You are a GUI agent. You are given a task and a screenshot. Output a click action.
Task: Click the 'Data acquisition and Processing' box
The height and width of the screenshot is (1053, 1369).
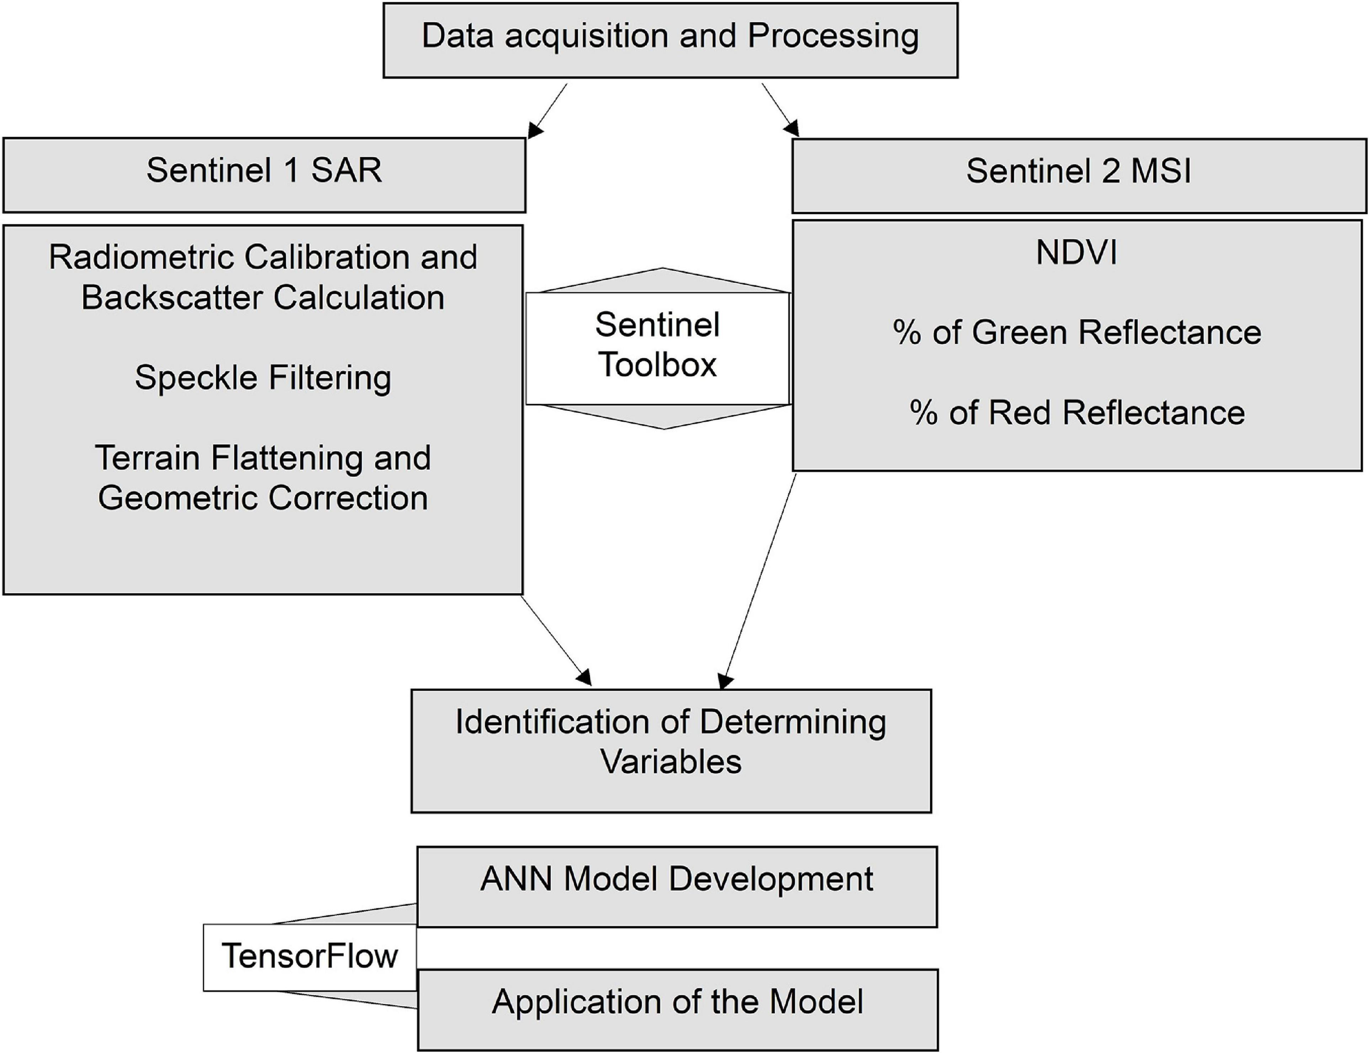coord(670,40)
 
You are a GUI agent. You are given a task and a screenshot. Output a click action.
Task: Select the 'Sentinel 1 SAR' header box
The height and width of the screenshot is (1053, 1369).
coord(264,175)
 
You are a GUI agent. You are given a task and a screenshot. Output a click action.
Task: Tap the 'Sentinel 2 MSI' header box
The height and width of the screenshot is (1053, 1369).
coord(1079,175)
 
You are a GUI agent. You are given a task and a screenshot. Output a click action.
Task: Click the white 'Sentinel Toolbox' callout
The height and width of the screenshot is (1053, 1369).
coord(657,348)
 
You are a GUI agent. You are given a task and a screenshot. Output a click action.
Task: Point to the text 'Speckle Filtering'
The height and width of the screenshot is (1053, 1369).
coord(263,378)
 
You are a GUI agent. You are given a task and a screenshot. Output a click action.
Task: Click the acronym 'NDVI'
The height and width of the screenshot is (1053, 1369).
coord(1077,253)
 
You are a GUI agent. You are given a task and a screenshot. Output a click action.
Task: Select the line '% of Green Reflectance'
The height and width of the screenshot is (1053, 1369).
coord(1077,332)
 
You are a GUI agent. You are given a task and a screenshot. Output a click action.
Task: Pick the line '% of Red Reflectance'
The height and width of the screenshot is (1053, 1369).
coord(1077,413)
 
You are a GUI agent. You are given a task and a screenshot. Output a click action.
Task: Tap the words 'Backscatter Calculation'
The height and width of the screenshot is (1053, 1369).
coord(263,297)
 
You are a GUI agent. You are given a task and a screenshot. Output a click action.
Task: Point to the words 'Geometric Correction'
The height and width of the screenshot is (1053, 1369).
coord(263,499)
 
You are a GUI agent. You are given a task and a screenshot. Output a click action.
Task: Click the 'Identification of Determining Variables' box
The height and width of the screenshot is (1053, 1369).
coord(671,751)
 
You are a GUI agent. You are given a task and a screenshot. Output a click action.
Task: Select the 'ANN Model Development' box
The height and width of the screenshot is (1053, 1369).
coord(677,886)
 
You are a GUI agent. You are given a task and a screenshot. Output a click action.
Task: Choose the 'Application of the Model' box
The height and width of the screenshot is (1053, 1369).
coord(678,1009)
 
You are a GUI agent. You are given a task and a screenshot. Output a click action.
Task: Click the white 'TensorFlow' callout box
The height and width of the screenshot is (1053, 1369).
coord(309,957)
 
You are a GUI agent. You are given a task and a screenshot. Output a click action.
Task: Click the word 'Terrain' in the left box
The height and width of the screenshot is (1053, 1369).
coord(148,458)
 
